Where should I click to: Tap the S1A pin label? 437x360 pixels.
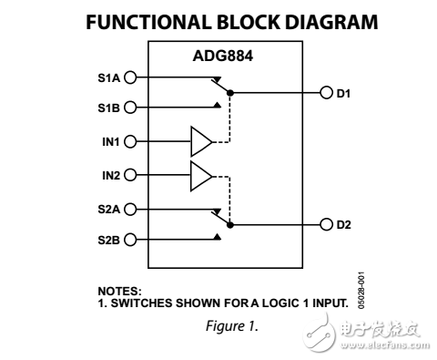click(x=107, y=77)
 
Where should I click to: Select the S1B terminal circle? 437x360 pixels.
click(x=129, y=107)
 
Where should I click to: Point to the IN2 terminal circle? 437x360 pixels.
click(x=129, y=174)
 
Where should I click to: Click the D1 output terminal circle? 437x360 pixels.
click(x=326, y=93)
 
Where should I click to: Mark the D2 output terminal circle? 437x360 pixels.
click(x=326, y=224)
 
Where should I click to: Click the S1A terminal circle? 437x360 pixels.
click(x=129, y=77)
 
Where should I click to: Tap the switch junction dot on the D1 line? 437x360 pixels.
click(x=230, y=93)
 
